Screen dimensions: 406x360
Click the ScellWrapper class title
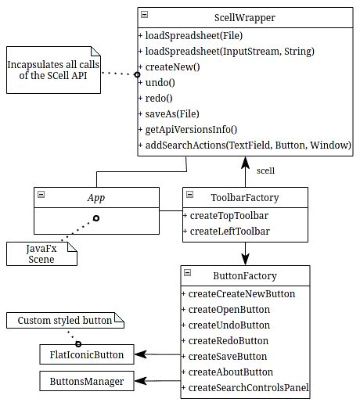tap(244, 17)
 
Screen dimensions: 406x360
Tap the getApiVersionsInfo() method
tap(192, 129)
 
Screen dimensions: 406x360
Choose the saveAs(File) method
tap(167, 113)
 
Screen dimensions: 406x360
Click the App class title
tap(95, 198)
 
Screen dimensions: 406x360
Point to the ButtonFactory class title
tap(245, 276)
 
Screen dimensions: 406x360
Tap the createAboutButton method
tap(231, 372)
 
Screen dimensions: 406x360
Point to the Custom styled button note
tap(65, 322)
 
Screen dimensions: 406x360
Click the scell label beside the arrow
tap(265, 170)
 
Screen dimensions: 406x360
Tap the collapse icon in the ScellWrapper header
tap(145, 15)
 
